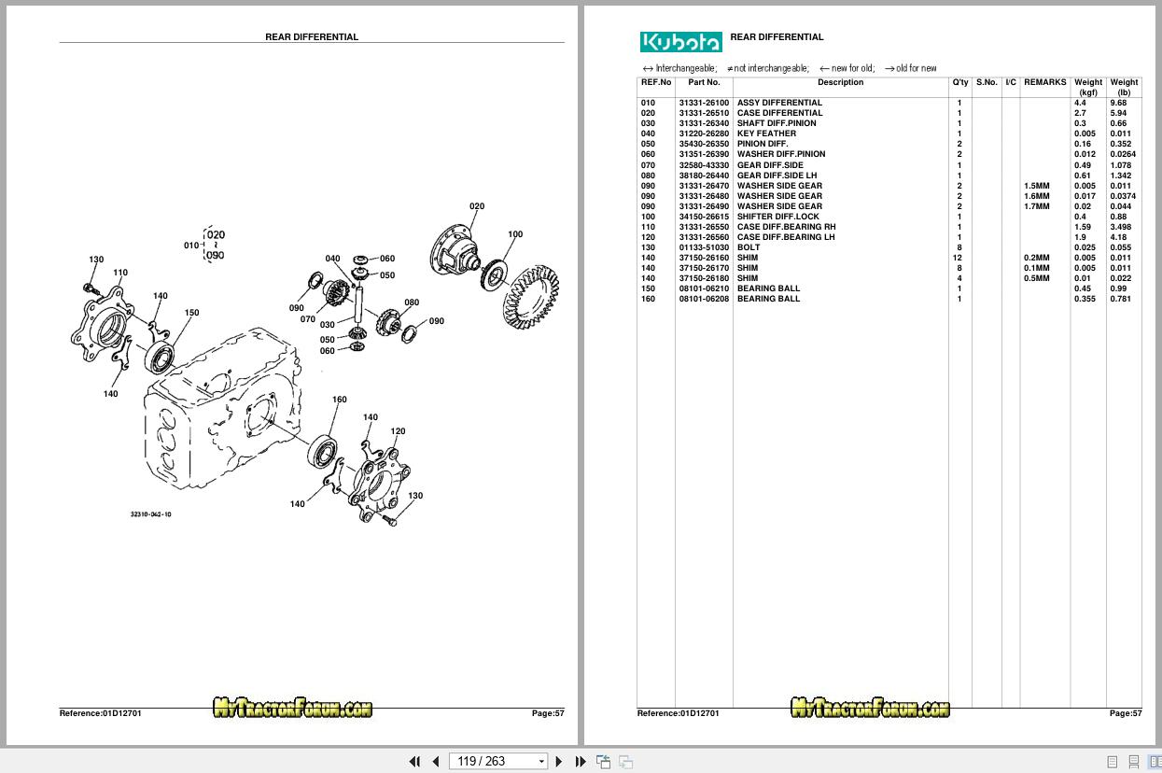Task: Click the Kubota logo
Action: pyautogui.click(x=680, y=42)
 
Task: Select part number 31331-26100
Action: pyautogui.click(x=704, y=103)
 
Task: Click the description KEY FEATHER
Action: pyautogui.click(x=766, y=134)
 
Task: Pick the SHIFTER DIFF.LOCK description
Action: pyautogui.click(x=777, y=217)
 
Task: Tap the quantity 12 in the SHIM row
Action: pyautogui.click(x=959, y=258)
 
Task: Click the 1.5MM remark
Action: pyautogui.click(x=1036, y=186)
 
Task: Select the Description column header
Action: pyautogui.click(x=840, y=82)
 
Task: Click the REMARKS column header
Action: pyautogui.click(x=1044, y=82)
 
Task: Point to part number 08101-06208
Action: pyautogui.click(x=704, y=299)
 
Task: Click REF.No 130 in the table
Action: pyautogui.click(x=648, y=247)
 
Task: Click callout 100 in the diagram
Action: pyautogui.click(x=515, y=235)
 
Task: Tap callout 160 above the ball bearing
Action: pyautogui.click(x=340, y=400)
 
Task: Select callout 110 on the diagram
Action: pyautogui.click(x=120, y=274)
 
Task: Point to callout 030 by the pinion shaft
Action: pyautogui.click(x=328, y=325)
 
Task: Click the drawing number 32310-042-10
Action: pyautogui.click(x=151, y=514)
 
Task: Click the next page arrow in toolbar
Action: pyautogui.click(x=559, y=761)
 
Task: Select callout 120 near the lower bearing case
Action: pyautogui.click(x=398, y=431)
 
